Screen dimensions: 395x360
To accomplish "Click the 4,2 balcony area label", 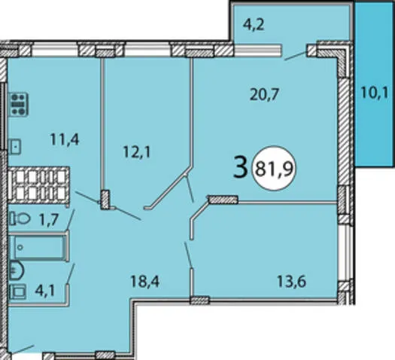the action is pos(254,25).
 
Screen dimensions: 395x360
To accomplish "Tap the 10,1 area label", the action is pos(375,93).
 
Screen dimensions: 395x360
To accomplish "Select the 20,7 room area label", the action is pos(264,95).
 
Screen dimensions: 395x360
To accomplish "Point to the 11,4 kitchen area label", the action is pos(65,139).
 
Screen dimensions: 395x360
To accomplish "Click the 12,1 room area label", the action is pos(137,152).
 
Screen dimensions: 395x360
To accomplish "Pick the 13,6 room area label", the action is pos(291,281).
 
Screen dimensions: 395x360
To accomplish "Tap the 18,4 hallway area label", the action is pos(145,281).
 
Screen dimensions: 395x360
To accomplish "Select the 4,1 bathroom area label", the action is pos(45,291).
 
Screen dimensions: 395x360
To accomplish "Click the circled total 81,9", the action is pos(275,169).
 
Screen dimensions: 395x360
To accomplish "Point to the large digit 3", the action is pos(240,166).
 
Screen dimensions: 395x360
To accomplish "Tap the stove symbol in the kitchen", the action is pos(18,105).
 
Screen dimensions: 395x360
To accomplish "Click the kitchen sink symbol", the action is pos(14,146).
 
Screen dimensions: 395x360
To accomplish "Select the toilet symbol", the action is pos(20,218).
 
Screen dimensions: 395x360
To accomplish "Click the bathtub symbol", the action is pos(39,247).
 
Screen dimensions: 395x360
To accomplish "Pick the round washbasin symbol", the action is pos(17,270).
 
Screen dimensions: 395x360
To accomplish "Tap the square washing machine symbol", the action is pos(18,291).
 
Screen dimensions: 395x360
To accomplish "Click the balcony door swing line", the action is pos(296,56).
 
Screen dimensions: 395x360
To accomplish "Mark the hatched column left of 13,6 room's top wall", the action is pos(223,200).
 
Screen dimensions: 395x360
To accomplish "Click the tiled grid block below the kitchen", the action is pos(39,185).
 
